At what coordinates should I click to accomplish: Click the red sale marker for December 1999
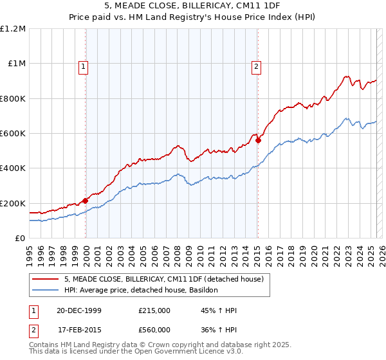pos(86,201)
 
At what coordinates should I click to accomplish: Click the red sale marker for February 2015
pos(258,139)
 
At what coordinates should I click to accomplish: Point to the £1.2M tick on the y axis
pos(13,29)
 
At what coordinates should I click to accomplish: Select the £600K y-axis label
pos(13,134)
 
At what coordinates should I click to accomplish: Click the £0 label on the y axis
pos(19,239)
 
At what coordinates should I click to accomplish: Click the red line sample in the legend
pos(45,280)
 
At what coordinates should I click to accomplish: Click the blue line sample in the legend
pos(45,291)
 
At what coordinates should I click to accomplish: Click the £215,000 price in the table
pos(154,311)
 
